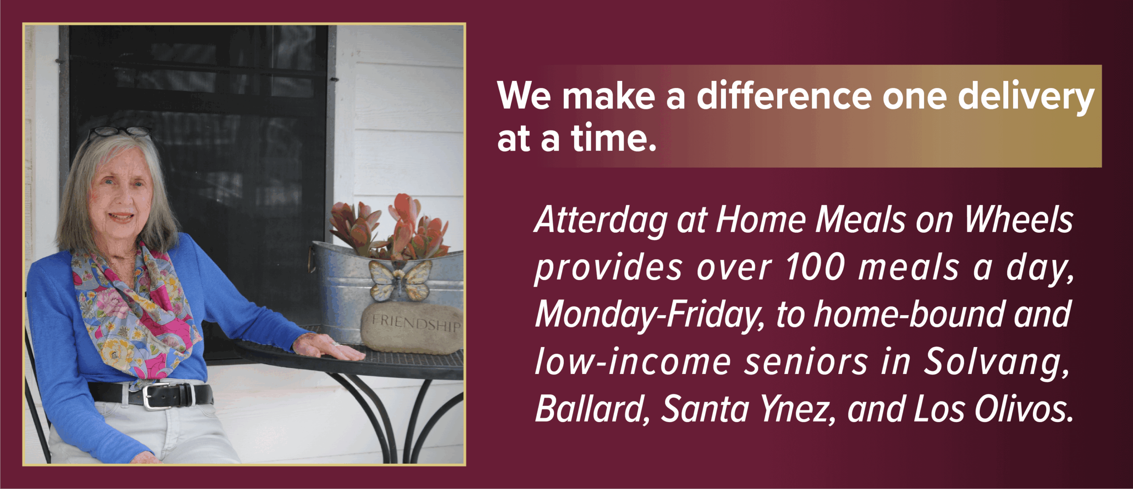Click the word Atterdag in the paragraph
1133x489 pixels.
click(x=601, y=221)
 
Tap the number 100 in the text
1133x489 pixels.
click(x=815, y=267)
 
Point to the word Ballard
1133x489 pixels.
click(x=591, y=409)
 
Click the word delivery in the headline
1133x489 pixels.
click(x=1026, y=98)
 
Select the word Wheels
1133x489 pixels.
click(x=1018, y=220)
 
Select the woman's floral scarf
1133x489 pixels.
click(x=133, y=310)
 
